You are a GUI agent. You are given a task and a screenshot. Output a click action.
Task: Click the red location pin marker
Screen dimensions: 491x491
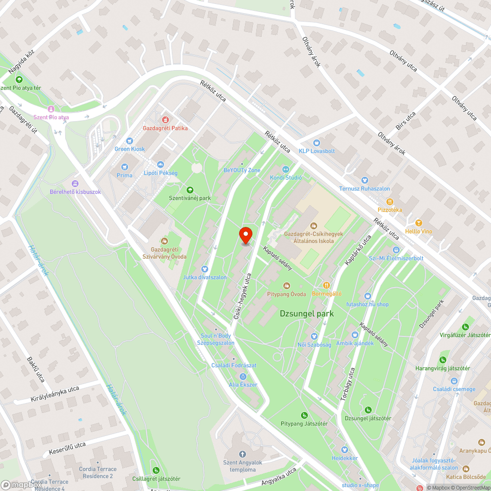click(245, 236)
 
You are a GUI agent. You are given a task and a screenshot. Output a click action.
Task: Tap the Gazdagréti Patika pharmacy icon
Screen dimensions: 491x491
click(165, 119)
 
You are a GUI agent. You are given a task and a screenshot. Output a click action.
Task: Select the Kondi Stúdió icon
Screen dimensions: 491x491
click(286, 169)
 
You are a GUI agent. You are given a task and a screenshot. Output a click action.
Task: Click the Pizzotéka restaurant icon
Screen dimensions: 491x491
click(390, 201)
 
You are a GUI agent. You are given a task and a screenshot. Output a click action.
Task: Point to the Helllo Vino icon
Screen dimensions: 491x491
click(418, 223)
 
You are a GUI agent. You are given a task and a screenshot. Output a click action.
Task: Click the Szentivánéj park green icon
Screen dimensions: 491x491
click(190, 190)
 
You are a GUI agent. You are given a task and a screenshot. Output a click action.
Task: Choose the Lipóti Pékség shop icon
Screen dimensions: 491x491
click(160, 164)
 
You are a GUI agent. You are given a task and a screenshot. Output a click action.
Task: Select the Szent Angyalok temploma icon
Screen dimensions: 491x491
click(241, 454)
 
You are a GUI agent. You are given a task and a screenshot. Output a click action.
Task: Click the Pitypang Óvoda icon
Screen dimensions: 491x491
click(287, 285)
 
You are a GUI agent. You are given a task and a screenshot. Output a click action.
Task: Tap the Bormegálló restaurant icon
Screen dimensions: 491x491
click(326, 285)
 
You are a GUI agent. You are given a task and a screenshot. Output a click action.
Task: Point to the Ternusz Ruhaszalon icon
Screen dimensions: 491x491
click(364, 180)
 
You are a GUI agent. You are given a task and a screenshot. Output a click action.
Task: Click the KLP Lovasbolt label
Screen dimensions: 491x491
click(317, 151)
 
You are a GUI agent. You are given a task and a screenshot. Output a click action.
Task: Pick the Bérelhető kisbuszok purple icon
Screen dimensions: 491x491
click(75, 183)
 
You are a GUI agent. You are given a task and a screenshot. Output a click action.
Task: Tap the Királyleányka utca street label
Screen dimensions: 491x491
click(55, 394)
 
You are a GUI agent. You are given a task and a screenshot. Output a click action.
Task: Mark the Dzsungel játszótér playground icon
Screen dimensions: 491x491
click(368, 410)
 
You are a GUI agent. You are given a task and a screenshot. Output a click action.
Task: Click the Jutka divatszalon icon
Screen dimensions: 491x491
click(205, 269)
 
